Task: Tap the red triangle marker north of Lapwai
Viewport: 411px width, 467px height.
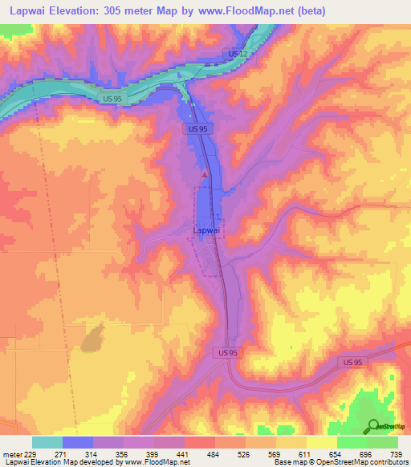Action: coord(205,173)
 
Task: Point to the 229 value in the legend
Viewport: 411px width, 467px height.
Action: coord(31,453)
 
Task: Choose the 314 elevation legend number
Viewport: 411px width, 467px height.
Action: coord(93,453)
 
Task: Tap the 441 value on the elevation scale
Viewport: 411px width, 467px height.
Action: coord(185,453)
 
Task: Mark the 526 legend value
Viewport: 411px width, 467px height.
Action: coord(246,453)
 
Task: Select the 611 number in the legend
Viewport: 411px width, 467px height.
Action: coord(307,453)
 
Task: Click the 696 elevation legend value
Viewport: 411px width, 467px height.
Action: coord(368,453)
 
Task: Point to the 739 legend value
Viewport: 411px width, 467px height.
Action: coord(397,453)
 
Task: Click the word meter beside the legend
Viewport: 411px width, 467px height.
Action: coord(11,453)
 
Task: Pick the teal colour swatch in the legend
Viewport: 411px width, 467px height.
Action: coord(47,442)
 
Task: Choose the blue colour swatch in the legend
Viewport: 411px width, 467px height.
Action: coord(77,442)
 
